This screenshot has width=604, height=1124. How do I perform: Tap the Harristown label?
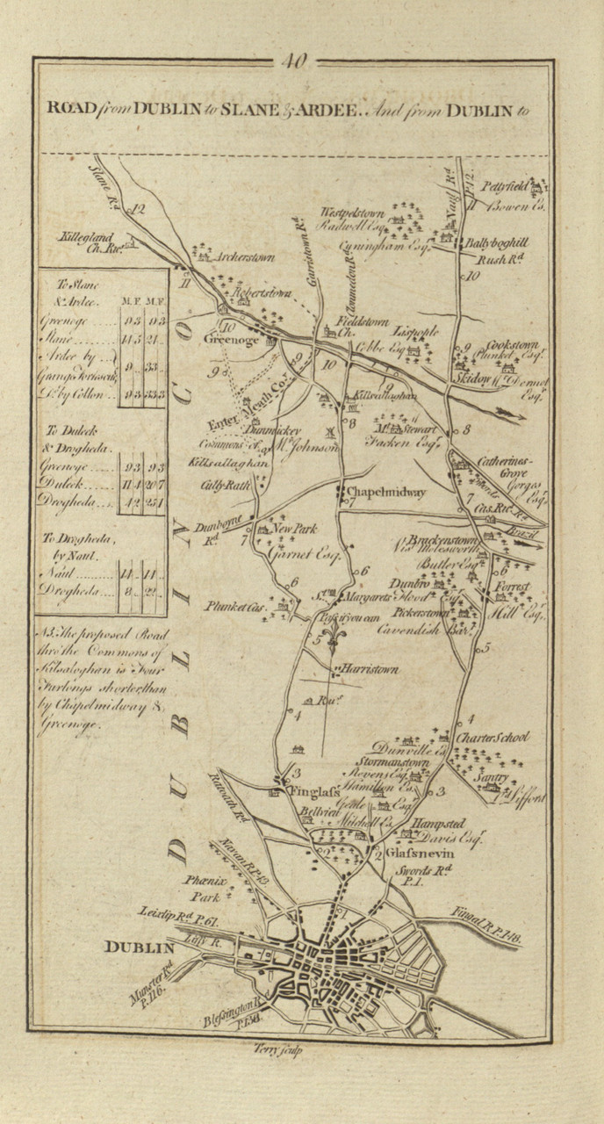coord(370,669)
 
